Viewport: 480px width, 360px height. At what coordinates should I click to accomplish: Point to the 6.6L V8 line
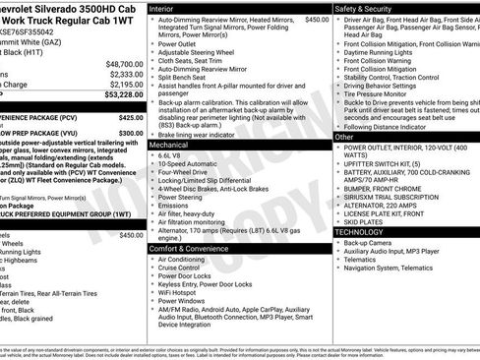tap(170, 155)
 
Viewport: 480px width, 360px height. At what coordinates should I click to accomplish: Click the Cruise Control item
tap(179, 269)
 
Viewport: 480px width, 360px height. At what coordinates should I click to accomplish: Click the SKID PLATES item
tap(365, 222)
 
